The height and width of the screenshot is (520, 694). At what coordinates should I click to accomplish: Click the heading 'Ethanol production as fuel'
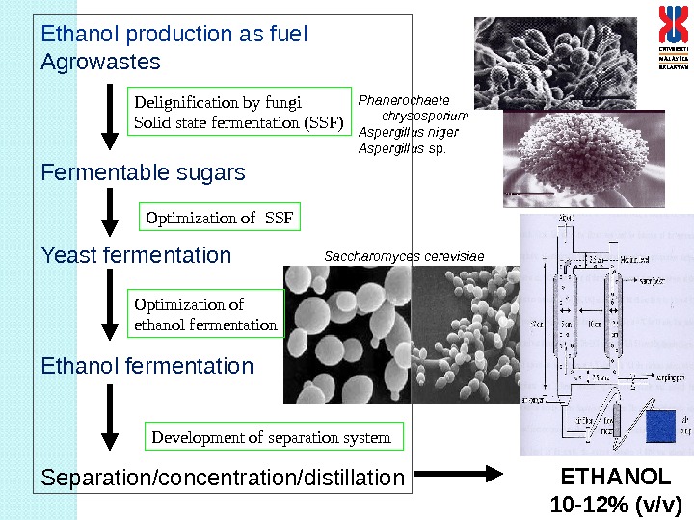coord(173,35)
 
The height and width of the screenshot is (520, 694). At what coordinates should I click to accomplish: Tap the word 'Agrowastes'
coord(100,63)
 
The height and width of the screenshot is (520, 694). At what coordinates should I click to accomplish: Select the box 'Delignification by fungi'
coord(240,112)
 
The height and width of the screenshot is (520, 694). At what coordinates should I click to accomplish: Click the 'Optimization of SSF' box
coord(221,218)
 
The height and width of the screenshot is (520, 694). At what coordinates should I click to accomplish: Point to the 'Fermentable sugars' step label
coord(143,173)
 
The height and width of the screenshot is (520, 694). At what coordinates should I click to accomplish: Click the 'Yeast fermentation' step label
coord(136,256)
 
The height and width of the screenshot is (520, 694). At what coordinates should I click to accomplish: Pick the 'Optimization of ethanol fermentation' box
coord(206,315)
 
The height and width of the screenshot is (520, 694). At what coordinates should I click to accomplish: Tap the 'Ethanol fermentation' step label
coord(147,367)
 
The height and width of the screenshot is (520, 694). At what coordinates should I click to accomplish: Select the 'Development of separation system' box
coord(272,437)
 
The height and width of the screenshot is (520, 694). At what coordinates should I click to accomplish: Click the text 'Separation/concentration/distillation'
coord(223,478)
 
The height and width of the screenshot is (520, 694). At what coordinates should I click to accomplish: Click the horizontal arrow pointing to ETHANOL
coord(462,473)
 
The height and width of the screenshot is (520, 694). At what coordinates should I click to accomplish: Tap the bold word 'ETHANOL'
coord(615,478)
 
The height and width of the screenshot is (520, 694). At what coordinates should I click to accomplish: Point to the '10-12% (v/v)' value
coord(615,504)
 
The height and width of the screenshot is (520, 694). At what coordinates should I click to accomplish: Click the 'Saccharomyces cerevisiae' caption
coord(404,256)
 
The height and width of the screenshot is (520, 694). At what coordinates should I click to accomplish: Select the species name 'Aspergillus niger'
coord(408,132)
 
